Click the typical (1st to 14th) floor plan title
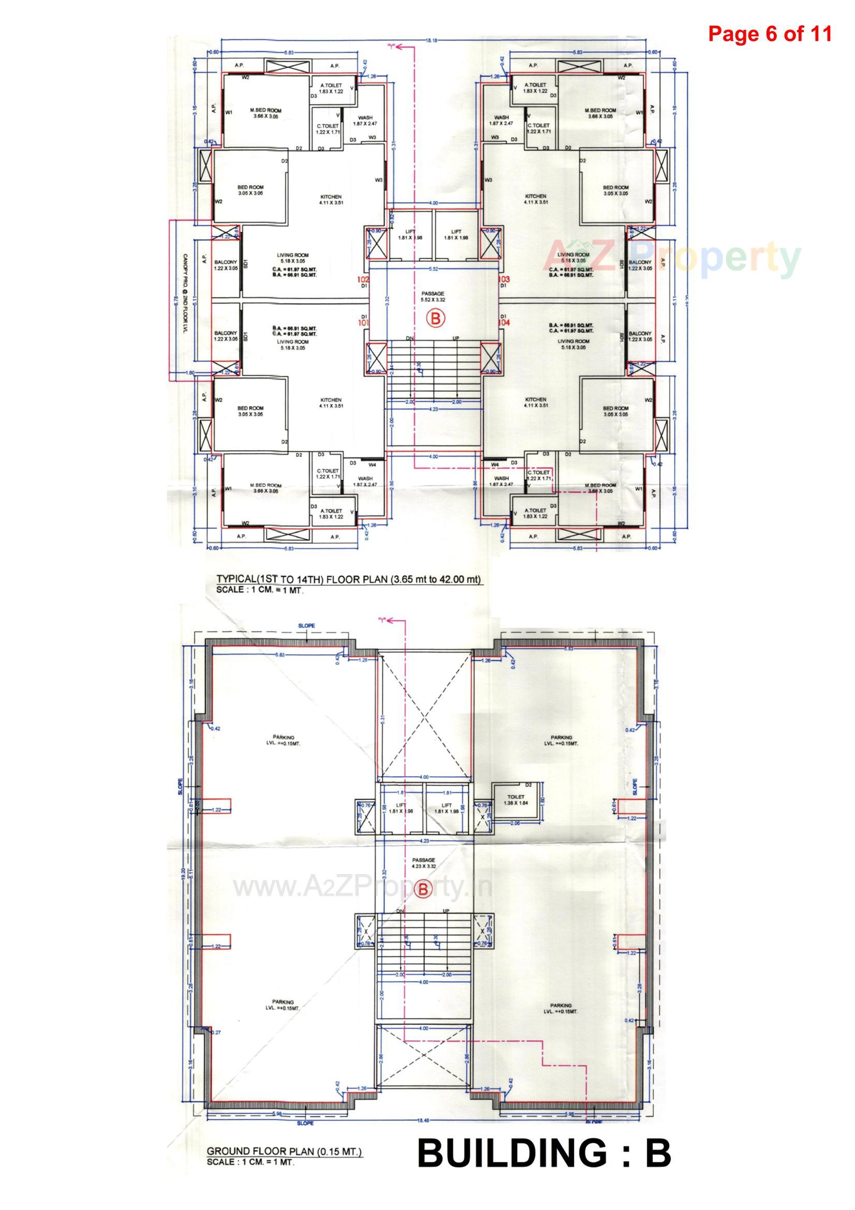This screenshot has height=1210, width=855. point(349,579)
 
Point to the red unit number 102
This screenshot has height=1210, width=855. point(363,279)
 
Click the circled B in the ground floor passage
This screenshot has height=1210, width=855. point(423,890)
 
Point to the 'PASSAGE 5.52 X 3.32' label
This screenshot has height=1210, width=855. point(433,297)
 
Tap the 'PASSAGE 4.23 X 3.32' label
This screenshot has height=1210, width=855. point(424,863)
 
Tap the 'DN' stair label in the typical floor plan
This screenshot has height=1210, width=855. point(409,338)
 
